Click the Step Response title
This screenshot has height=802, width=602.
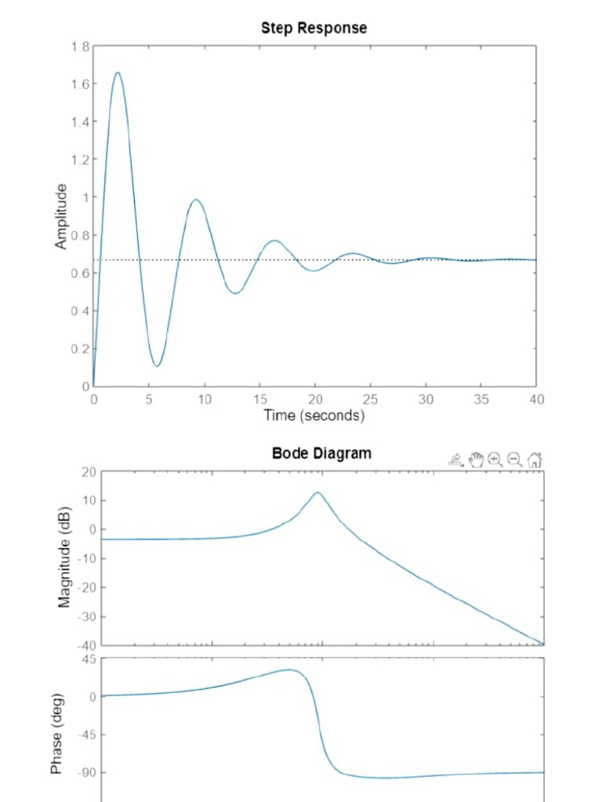(x=314, y=28)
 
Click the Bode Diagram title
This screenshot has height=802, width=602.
(x=321, y=453)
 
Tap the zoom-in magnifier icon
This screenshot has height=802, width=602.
(x=495, y=460)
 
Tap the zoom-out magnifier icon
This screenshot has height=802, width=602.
(x=514, y=460)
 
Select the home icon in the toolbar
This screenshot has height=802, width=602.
(x=535, y=460)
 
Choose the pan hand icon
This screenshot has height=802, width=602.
(x=476, y=460)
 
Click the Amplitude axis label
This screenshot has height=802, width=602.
(x=61, y=217)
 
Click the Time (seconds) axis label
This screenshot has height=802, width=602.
(x=314, y=415)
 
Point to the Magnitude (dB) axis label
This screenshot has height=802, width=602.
(x=64, y=557)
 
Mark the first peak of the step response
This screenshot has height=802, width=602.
(x=118, y=73)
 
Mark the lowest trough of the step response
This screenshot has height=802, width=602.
(x=157, y=366)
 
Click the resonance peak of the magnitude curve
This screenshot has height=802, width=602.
(x=317, y=493)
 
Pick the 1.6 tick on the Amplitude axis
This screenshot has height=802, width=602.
(x=80, y=84)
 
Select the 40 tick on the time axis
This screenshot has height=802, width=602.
(x=536, y=399)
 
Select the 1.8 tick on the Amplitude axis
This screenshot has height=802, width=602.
(x=80, y=46)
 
